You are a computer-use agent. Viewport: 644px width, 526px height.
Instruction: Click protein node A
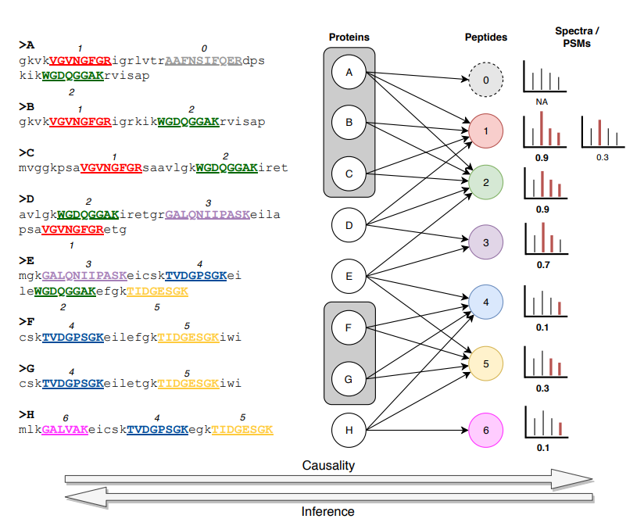349,73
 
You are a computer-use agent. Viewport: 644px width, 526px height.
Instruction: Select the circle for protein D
349,226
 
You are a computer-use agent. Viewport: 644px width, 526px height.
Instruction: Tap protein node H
349,429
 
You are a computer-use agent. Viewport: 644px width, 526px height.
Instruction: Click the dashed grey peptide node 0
485,80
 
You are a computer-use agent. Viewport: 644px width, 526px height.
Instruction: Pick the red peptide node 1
485,131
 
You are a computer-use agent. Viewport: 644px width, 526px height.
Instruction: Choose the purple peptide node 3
485,243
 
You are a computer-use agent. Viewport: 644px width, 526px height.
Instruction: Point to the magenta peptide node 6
485,429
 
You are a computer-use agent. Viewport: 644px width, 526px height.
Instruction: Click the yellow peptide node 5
485,363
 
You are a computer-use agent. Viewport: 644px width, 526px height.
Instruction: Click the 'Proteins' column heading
349,37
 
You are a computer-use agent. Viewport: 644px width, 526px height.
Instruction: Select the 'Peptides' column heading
485,37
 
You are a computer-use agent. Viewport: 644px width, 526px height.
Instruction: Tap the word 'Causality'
328,466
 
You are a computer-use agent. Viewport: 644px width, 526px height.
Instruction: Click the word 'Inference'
328,512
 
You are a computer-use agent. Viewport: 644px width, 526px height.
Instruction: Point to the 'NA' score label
542,102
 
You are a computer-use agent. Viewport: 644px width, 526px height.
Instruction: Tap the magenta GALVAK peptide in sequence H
65,430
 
